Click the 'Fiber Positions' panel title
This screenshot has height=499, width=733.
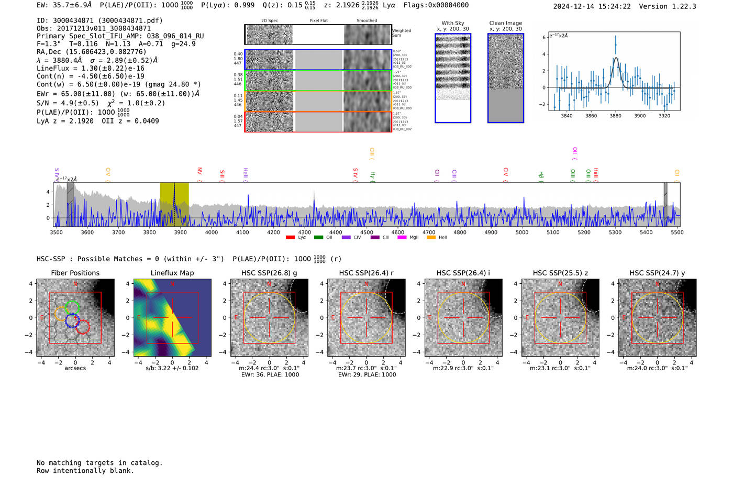click(x=75, y=273)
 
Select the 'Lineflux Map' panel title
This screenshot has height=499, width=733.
click(x=172, y=273)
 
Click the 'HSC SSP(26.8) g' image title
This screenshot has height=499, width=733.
click(x=269, y=273)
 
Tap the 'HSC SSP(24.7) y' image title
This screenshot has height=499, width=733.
click(x=657, y=273)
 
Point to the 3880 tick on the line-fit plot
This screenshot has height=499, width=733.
click(x=615, y=116)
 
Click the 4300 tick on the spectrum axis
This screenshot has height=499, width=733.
click(x=305, y=232)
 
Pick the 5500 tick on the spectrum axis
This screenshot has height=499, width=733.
click(x=677, y=232)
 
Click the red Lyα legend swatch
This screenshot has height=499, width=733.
click(x=290, y=238)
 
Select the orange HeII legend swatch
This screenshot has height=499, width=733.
click(x=431, y=238)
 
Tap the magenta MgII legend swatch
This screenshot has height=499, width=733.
click(x=402, y=238)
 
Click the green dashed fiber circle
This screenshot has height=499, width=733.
click(x=73, y=307)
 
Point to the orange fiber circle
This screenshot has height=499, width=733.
click(x=61, y=314)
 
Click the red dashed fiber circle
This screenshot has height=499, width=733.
click(x=83, y=327)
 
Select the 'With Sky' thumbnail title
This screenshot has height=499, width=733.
click(x=453, y=23)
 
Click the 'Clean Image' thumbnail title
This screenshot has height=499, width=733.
click(x=506, y=23)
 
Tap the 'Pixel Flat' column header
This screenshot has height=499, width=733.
click(x=318, y=21)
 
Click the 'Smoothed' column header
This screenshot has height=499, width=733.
click(x=366, y=21)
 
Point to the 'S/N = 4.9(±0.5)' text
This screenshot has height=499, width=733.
click(x=68, y=103)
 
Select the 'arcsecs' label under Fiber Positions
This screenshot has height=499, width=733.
click(x=75, y=368)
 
